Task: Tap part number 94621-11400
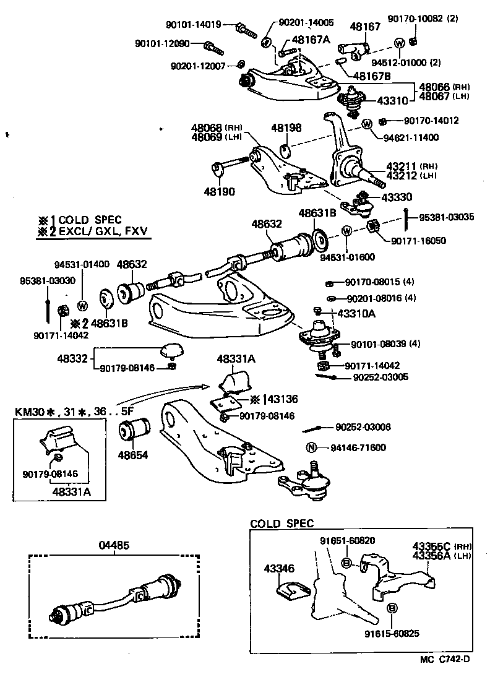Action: point(410,137)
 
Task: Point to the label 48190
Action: point(219,192)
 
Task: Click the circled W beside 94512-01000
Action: point(399,43)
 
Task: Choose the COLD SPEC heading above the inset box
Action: point(282,524)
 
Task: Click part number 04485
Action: point(114,545)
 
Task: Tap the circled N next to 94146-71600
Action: point(312,447)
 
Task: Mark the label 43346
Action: point(278,568)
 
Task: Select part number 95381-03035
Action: point(447,217)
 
